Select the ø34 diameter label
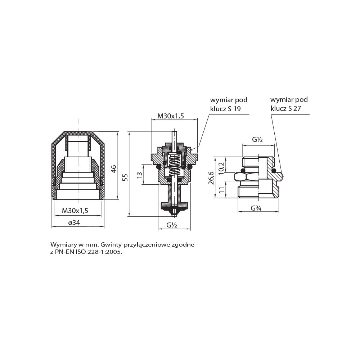point(74,222)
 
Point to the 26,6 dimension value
point(211,178)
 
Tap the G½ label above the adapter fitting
point(257,139)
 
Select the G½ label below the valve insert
point(172,225)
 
